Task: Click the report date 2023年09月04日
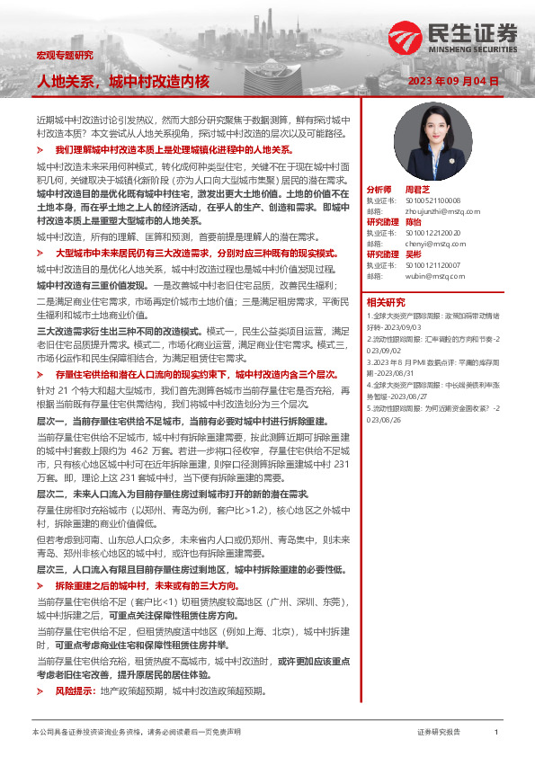point(453,81)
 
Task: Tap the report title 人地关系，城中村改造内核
point(122,82)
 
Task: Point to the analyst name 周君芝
point(418,191)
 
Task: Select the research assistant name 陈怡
point(414,222)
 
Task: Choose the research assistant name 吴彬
point(414,254)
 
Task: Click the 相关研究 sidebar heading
point(386,302)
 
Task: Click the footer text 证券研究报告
point(439,733)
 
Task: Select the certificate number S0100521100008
point(432,200)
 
